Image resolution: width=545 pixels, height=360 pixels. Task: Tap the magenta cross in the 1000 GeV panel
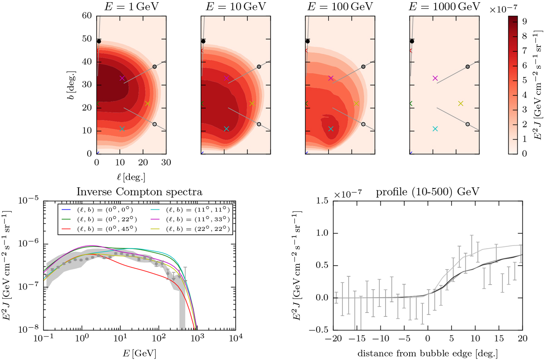coord(435,78)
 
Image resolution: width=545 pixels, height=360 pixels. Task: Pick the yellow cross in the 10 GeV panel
coord(252,103)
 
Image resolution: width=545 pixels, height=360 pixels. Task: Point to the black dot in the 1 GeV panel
coord(99,41)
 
